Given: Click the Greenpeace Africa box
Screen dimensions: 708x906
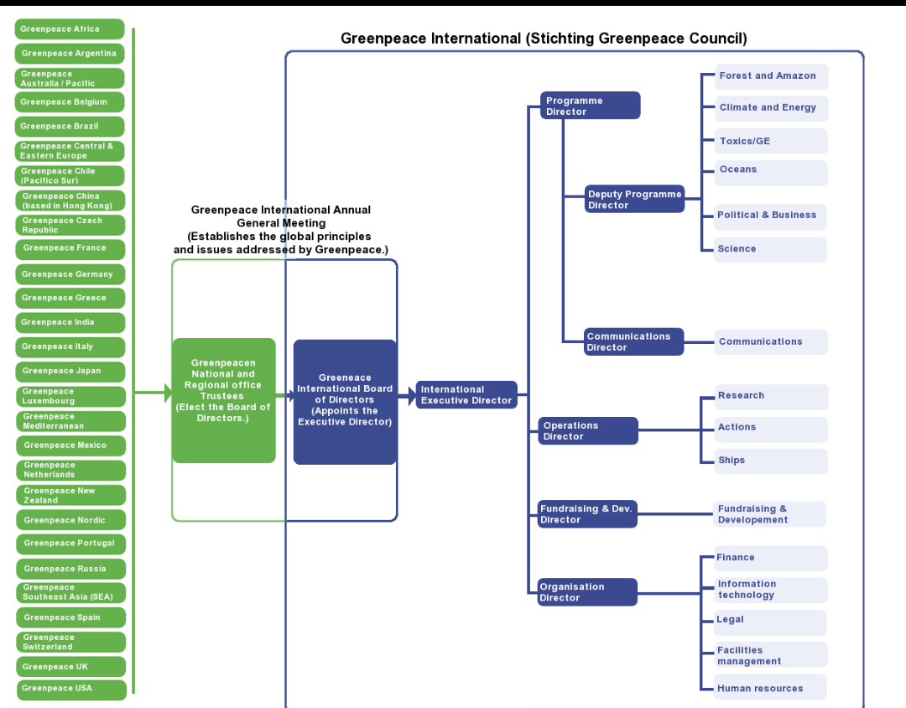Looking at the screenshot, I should [70, 29].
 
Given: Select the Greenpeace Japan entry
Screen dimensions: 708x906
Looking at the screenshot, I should [70, 371].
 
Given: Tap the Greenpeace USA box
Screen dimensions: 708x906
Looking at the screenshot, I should [71, 689].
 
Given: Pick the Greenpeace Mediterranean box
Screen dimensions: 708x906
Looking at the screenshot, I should [70, 421].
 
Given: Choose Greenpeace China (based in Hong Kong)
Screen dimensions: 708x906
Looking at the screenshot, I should [70, 201].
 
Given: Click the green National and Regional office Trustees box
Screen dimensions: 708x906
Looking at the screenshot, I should [223, 400].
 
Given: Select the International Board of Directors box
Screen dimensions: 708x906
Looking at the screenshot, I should [345, 401].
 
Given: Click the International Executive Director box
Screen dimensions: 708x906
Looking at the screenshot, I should [466, 395].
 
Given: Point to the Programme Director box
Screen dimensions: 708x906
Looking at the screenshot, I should [590, 106].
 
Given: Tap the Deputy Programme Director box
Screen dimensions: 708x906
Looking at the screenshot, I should [634, 200].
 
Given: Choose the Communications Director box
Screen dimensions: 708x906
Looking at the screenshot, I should [633, 341].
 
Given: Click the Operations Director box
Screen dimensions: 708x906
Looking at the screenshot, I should [588, 431].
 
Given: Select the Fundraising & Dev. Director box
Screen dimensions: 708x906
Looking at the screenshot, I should [587, 514].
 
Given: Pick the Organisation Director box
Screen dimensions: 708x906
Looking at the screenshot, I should [587, 592].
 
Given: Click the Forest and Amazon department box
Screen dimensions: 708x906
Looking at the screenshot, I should [771, 76].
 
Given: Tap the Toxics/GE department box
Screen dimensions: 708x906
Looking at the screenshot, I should [771, 141].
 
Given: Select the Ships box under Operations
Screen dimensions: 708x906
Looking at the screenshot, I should [771, 461].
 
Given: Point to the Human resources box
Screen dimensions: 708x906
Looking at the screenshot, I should [771, 688].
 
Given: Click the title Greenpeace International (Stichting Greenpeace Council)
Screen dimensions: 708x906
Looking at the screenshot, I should [544, 39].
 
